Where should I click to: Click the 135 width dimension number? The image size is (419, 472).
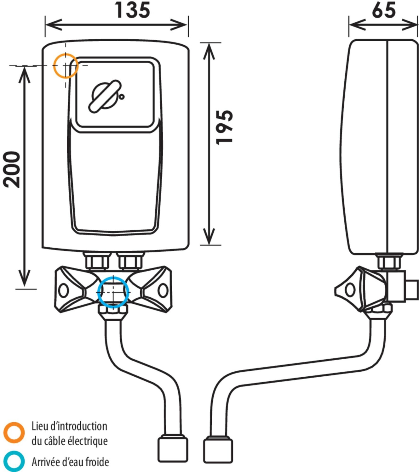132,10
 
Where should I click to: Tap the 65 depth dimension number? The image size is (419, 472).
383,10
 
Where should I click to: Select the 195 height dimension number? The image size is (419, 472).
225,127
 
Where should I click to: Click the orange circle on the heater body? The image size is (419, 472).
66,65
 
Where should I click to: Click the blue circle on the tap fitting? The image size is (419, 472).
113,292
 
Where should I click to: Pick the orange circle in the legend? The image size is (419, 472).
14,432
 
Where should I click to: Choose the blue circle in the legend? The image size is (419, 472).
14,462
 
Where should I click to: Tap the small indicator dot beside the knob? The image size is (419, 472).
122,97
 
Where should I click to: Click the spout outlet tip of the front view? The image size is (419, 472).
172,448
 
